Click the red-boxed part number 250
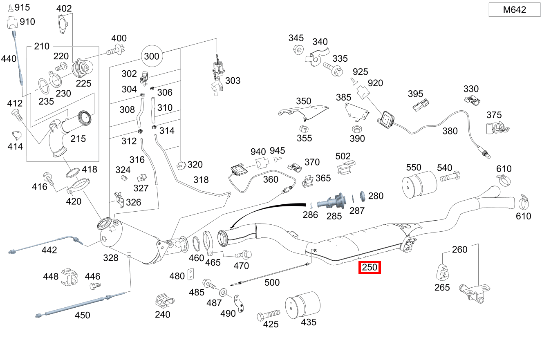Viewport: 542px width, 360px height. coord(370,268)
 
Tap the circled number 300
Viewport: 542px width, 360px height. coord(152,56)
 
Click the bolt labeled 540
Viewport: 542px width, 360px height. coord(450,178)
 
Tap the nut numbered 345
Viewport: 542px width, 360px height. coord(298,50)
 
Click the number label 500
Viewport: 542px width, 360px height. coord(272,283)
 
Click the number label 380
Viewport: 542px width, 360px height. coord(450,131)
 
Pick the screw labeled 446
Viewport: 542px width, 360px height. coord(94,286)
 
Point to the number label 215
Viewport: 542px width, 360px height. coord(78,139)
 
